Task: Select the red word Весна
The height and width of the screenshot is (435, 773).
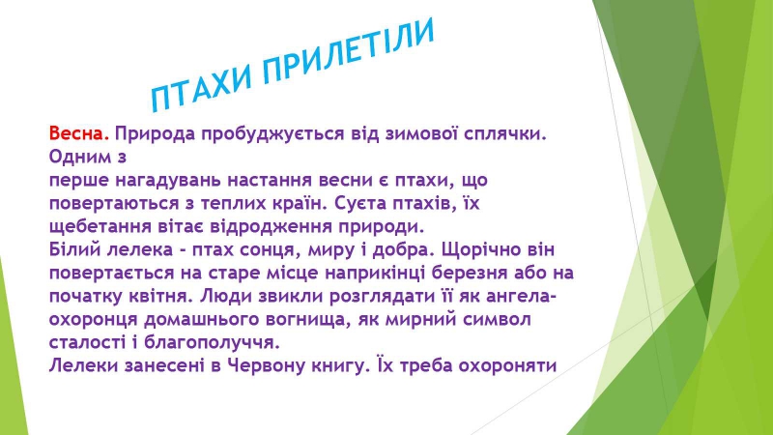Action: (x=79, y=133)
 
